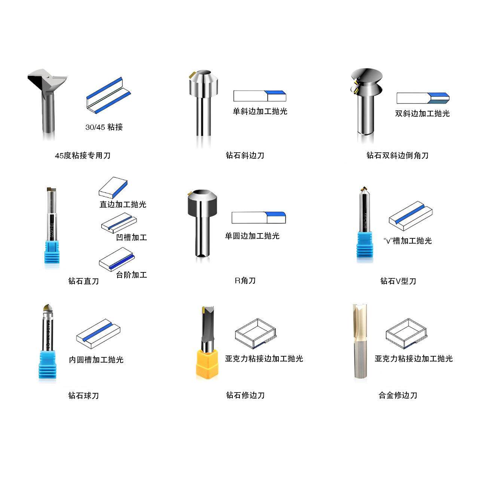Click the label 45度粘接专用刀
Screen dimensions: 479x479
[x=83, y=155]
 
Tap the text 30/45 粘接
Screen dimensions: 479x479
[x=104, y=127]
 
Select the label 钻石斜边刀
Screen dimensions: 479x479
[x=245, y=155]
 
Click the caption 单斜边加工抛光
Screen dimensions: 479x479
[x=260, y=111]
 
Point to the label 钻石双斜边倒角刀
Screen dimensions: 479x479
[x=397, y=155]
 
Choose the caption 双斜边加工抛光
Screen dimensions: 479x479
[x=422, y=113]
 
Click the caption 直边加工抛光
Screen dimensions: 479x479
[x=123, y=204]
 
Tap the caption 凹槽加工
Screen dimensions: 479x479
[x=131, y=237]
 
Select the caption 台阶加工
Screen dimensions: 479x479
[x=131, y=275]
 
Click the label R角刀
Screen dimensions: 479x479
[x=245, y=280]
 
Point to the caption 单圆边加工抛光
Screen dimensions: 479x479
[x=252, y=236]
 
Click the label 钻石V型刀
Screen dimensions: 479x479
[x=398, y=281]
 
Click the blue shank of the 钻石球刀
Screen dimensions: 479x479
[x=47, y=364]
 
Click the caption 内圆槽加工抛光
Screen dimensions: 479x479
[x=96, y=360]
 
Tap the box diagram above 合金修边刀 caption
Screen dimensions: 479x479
[x=406, y=333]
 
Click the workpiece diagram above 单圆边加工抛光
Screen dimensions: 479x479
[x=259, y=218]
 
